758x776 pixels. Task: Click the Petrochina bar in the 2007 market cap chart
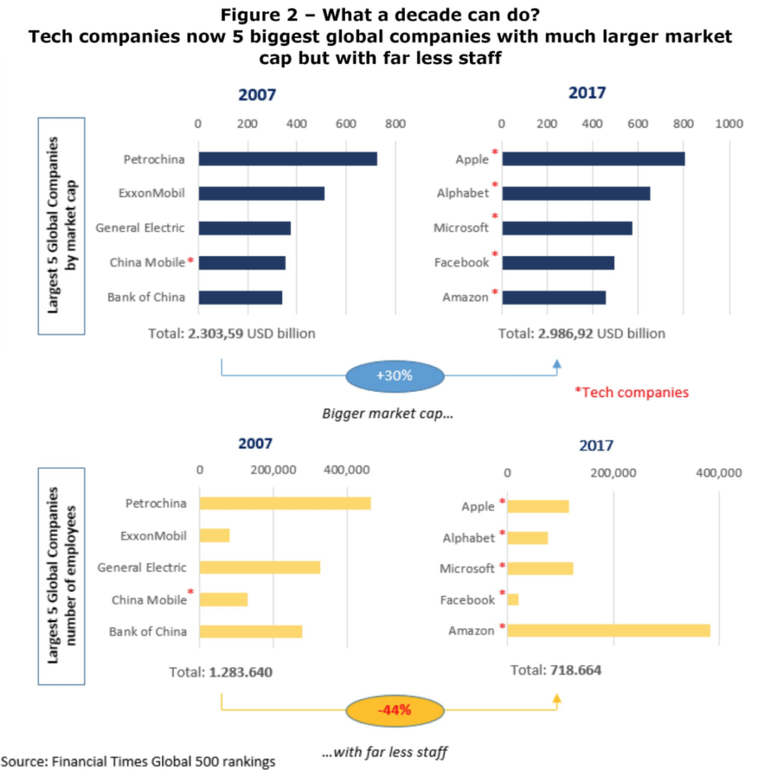point(287,159)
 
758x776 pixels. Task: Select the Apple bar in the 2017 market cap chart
point(594,159)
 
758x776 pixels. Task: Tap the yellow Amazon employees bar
point(609,630)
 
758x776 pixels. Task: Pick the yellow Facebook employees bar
point(513,599)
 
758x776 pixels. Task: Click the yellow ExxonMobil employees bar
point(215,536)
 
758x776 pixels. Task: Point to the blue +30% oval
point(395,376)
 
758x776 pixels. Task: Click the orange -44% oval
point(395,711)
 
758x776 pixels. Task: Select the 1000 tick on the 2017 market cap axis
point(728,124)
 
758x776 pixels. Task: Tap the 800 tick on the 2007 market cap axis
point(395,124)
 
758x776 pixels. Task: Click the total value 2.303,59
point(215,333)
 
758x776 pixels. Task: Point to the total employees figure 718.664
point(576,670)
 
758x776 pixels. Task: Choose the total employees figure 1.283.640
point(240,672)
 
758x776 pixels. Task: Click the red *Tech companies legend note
point(631,393)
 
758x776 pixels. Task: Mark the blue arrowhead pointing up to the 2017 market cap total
point(557,365)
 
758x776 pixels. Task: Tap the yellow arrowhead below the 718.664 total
point(557,698)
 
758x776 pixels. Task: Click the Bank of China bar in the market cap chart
point(240,297)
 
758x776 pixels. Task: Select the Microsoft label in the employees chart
point(467,568)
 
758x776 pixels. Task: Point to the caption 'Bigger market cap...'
point(387,413)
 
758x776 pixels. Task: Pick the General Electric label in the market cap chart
point(140,227)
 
